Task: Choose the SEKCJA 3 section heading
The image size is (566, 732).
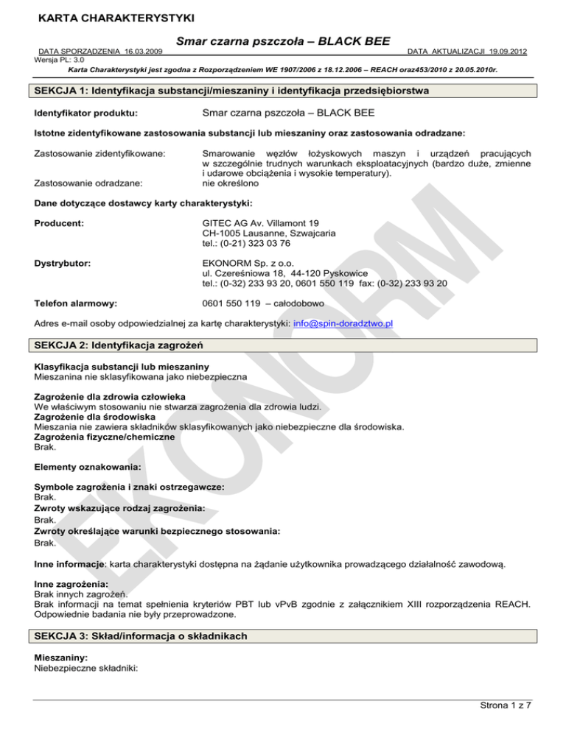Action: pos(145,636)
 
